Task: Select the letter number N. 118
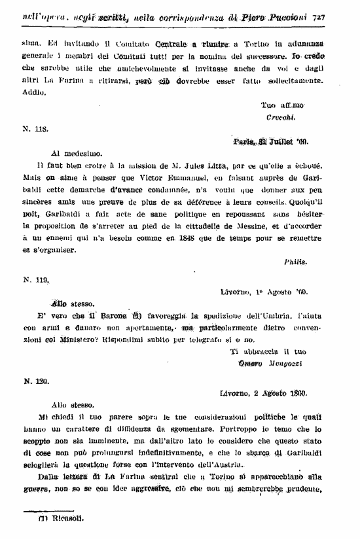point(36,129)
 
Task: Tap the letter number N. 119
point(36,279)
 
